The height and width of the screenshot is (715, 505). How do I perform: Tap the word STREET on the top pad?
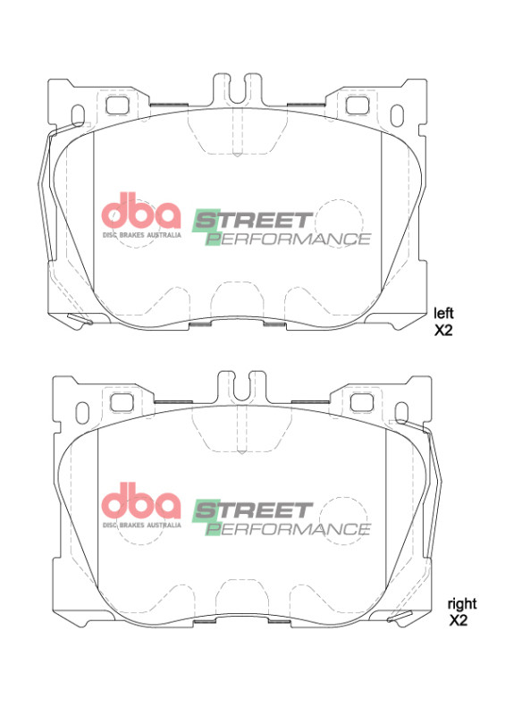(254, 220)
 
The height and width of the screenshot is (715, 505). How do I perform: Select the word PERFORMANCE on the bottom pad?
(288, 529)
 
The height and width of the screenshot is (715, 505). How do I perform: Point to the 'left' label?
(444, 313)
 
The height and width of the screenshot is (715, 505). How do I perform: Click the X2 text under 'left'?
(444, 329)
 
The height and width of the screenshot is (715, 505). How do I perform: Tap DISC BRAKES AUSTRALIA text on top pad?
(141, 234)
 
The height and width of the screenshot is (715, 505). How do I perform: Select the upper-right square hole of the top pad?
(358, 104)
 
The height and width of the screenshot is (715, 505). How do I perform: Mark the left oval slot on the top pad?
(78, 117)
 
